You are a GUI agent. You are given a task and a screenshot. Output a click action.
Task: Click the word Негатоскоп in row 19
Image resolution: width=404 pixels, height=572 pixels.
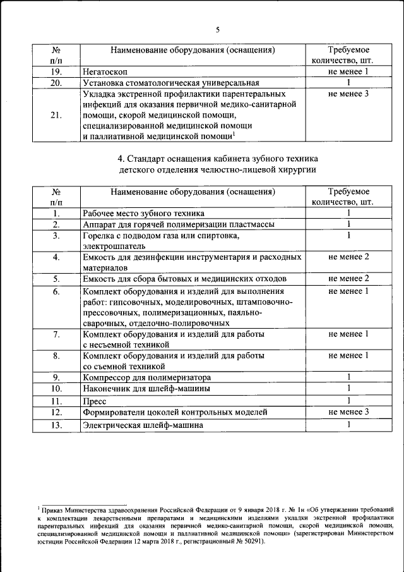pos(105,72)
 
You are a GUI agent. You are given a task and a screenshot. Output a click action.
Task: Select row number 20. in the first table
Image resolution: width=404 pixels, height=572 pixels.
pos(56,83)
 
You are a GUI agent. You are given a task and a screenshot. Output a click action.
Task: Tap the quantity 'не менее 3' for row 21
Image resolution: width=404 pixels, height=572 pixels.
pos(348,94)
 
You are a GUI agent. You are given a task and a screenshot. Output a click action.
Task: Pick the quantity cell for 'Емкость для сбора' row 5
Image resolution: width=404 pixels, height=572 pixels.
pos(348,279)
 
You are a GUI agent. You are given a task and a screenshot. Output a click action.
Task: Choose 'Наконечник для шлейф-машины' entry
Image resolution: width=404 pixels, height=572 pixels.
pos(146,389)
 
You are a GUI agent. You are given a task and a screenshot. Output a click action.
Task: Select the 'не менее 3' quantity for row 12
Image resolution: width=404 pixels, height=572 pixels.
pos(348,412)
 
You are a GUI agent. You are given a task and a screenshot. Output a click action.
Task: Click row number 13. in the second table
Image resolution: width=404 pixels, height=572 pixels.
pos(56,425)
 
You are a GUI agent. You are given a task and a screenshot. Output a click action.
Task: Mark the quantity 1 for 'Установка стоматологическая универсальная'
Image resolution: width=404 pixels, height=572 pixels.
pos(348,83)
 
